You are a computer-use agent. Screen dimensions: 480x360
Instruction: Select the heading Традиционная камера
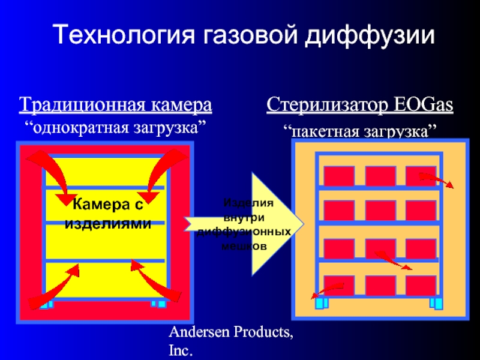[x=115, y=106]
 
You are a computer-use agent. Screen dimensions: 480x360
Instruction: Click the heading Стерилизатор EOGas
[x=360, y=106]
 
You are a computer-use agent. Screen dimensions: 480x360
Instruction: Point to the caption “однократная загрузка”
[x=115, y=128]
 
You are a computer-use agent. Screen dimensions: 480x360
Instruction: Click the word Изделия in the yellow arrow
[x=248, y=203]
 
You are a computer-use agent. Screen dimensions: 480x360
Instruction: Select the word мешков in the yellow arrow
[x=244, y=246]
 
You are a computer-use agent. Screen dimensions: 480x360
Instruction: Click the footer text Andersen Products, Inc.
[x=231, y=340]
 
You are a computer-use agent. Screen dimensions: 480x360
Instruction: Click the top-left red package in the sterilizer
[x=339, y=176]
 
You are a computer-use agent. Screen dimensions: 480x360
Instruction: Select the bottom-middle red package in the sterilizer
[x=380, y=285]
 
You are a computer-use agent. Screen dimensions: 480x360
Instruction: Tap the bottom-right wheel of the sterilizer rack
[x=437, y=303]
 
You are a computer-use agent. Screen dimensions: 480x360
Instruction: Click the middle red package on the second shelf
[x=380, y=210]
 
